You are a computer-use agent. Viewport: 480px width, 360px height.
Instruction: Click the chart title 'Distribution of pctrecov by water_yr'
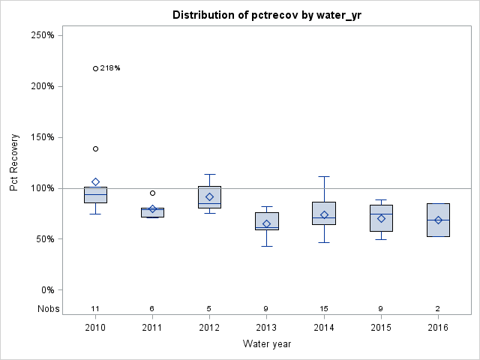click(x=267, y=15)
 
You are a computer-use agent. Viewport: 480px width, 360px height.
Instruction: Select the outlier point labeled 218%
click(x=95, y=68)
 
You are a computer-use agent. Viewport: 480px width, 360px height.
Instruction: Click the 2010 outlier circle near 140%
click(x=95, y=148)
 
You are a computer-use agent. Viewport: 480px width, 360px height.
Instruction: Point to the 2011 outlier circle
click(x=152, y=193)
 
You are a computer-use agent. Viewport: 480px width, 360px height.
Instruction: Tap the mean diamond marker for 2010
click(x=95, y=181)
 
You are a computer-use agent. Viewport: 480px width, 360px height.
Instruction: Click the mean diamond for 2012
click(x=209, y=196)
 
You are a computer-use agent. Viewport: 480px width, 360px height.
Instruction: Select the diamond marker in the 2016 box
click(x=438, y=220)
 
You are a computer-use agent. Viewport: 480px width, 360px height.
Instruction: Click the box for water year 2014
click(x=324, y=213)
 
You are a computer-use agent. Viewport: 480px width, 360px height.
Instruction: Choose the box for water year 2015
click(x=381, y=218)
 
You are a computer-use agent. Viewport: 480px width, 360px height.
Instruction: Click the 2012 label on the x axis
click(x=209, y=328)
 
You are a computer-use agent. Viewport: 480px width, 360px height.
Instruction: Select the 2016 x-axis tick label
click(x=438, y=328)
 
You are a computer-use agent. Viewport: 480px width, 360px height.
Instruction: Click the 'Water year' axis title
click(x=267, y=344)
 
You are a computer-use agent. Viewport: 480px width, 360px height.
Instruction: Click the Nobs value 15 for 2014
click(x=324, y=308)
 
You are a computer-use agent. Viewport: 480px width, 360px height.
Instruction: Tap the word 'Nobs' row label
click(x=48, y=308)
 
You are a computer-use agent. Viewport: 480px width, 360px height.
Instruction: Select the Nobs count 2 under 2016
click(x=438, y=308)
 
